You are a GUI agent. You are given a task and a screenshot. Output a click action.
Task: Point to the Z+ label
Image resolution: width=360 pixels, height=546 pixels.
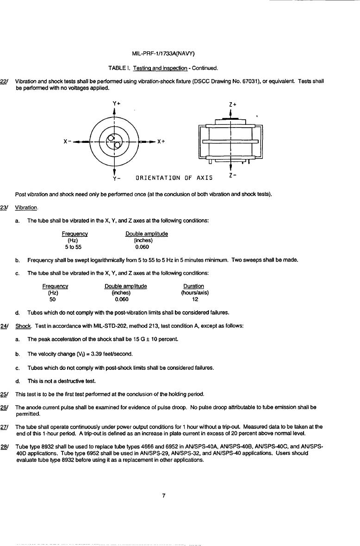233,104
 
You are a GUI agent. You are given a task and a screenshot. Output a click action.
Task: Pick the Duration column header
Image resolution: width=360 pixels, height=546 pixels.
193,286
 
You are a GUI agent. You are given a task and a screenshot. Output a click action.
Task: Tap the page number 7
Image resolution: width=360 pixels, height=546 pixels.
164,495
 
